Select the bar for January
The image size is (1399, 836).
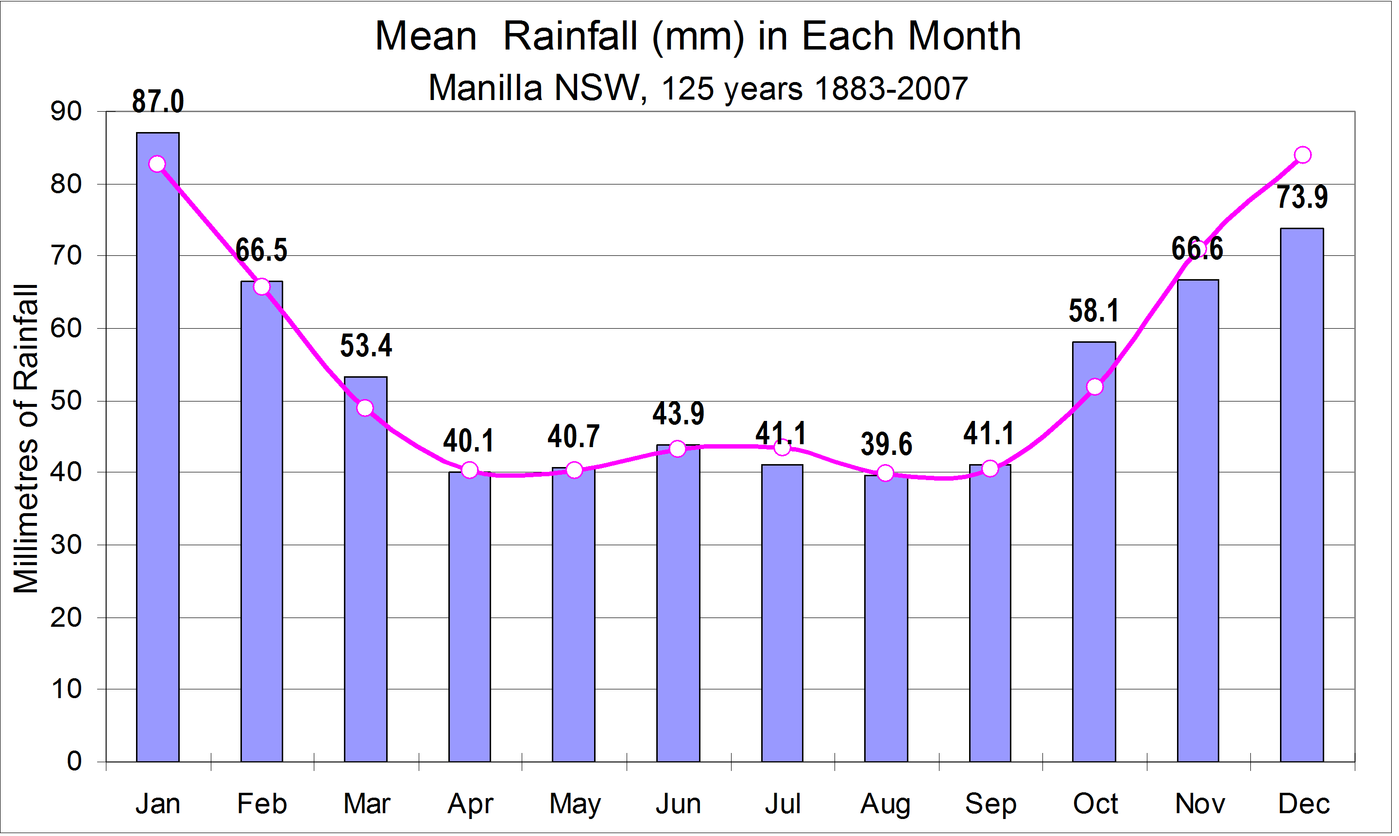click(158, 451)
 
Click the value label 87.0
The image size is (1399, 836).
click(158, 102)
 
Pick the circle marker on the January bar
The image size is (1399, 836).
click(158, 165)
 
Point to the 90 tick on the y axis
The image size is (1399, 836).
click(67, 112)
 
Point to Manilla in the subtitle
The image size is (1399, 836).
click(486, 89)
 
